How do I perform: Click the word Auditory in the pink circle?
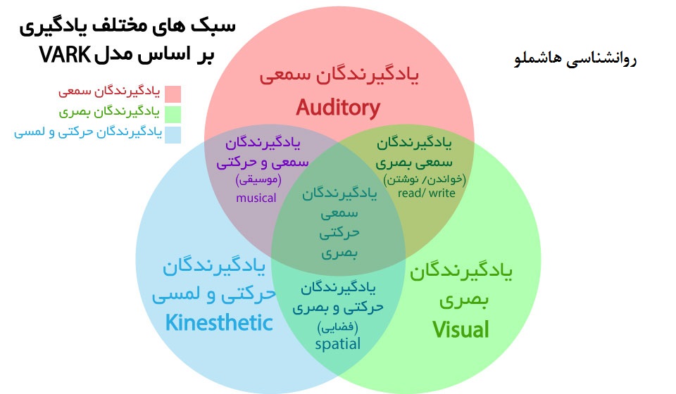tap(337, 108)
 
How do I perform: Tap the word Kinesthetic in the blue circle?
tap(219, 323)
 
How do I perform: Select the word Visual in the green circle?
tap(461, 329)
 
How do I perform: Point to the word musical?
tap(256, 198)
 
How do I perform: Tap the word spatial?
tap(337, 344)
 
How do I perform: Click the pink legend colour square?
tap(173, 94)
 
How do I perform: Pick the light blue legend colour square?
tap(173, 134)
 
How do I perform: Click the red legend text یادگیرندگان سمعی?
tap(110, 91)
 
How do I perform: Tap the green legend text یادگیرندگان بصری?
tap(110, 112)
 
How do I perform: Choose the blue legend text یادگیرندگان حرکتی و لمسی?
tap(89, 132)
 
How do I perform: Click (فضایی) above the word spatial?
tap(337, 327)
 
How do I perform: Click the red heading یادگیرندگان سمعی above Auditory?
tap(338, 75)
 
